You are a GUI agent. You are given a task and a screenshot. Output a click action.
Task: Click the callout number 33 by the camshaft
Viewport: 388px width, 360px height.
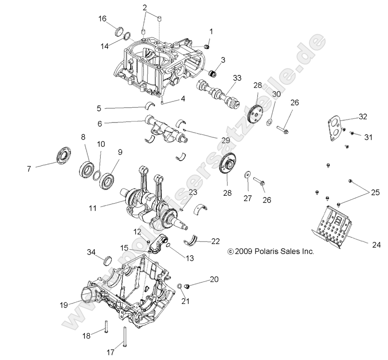click(x=237, y=77)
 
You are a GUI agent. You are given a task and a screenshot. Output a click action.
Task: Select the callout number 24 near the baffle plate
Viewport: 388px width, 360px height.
click(x=375, y=245)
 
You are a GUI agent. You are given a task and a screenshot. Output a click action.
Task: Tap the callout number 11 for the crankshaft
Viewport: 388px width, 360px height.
click(x=93, y=208)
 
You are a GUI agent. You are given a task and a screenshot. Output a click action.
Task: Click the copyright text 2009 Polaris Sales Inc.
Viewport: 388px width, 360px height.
click(x=271, y=252)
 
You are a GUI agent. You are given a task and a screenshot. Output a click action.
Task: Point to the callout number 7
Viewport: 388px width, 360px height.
click(x=30, y=169)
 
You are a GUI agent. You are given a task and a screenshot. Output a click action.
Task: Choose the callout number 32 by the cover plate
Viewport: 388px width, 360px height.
click(x=362, y=117)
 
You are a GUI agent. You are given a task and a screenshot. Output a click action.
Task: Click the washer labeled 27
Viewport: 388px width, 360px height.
click(x=247, y=174)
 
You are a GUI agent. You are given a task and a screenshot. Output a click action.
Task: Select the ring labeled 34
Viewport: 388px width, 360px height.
click(x=108, y=261)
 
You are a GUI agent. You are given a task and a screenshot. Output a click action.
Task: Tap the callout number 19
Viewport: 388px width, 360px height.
click(x=63, y=305)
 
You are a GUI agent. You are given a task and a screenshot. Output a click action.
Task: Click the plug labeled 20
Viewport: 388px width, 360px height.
click(x=188, y=286)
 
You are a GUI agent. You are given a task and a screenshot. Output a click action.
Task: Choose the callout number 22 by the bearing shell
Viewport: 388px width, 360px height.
click(x=215, y=241)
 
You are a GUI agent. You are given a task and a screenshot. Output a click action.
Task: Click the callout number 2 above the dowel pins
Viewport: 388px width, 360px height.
click(x=145, y=7)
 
